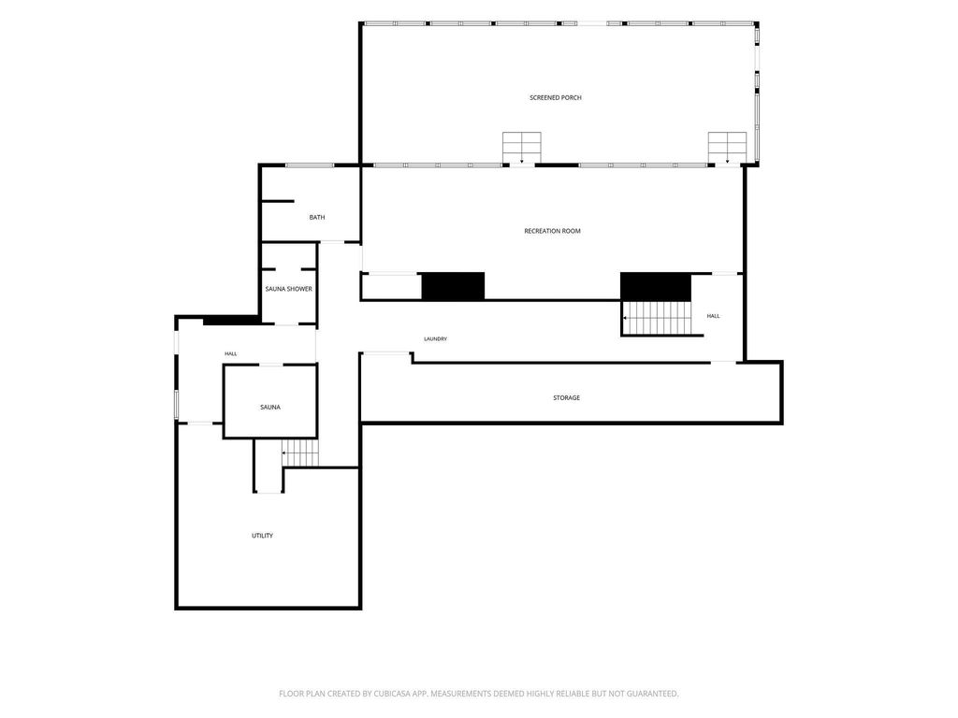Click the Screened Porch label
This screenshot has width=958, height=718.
click(556, 97)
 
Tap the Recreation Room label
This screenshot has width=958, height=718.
click(552, 231)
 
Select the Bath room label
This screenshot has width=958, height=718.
click(317, 217)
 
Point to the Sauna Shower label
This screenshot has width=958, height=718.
click(288, 289)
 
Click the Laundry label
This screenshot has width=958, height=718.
click(436, 338)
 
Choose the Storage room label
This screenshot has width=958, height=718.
click(566, 397)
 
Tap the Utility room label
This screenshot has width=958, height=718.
click(262, 536)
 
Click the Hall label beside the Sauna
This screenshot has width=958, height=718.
click(230, 353)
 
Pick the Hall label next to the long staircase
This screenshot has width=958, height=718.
click(713, 316)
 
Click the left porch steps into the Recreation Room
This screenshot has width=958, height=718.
click(522, 148)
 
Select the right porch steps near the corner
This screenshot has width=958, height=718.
click(727, 148)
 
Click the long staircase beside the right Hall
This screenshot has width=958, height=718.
click(656, 318)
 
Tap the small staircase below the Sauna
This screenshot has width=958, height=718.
click(300, 453)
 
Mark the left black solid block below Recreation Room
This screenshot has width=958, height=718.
click(454, 286)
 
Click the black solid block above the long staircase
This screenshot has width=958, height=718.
click(656, 286)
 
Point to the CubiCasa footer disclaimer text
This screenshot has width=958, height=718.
click(478, 694)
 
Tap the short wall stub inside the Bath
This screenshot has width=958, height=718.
click(278, 201)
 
